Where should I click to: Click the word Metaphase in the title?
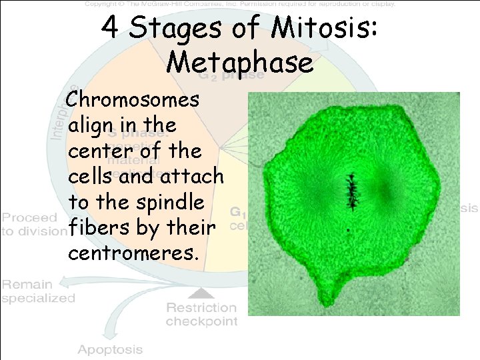click(240, 62)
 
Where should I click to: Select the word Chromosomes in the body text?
click(133, 100)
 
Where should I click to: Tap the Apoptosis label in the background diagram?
click(110, 349)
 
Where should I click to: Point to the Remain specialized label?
click(38, 291)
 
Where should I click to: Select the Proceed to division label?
click(32, 225)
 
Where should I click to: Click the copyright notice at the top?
click(240, 4)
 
